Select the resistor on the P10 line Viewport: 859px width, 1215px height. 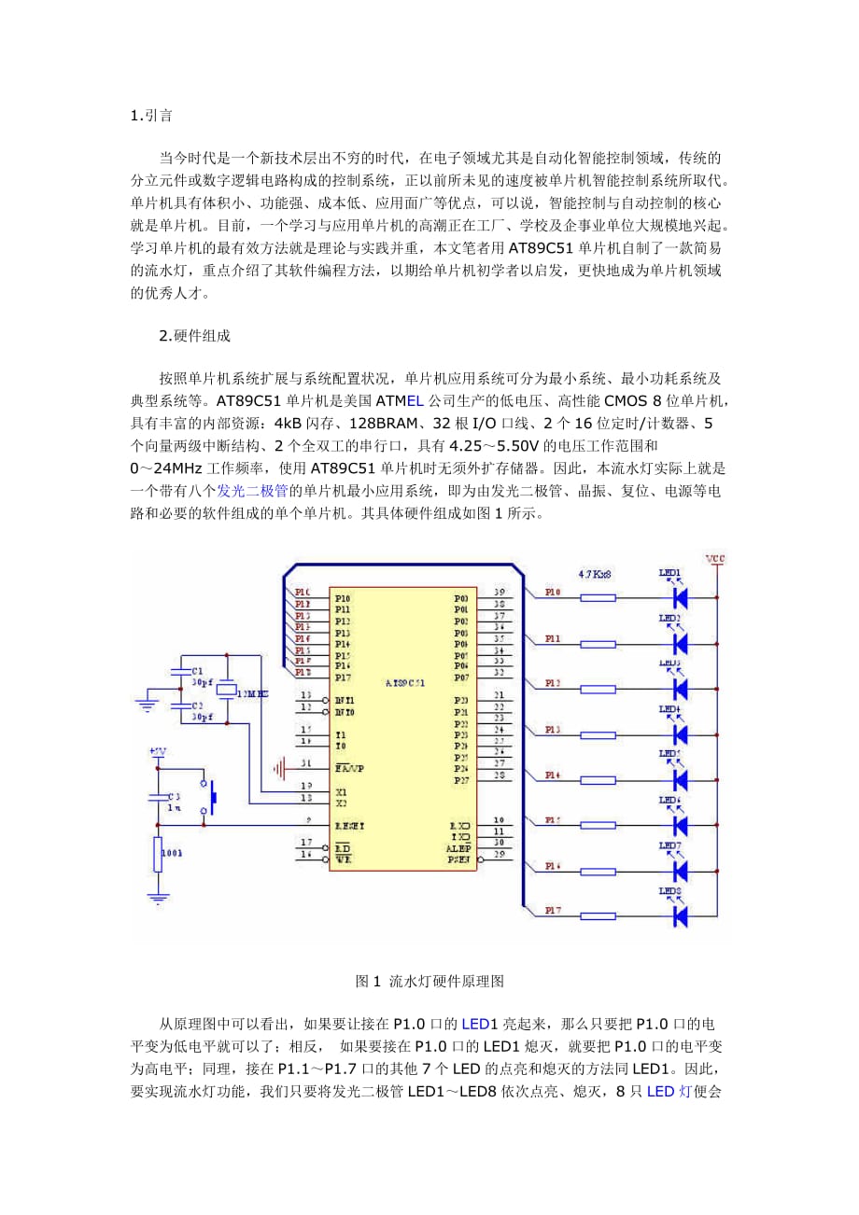coord(598,597)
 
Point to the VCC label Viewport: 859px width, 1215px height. coord(715,559)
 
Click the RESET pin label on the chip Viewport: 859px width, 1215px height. coord(350,825)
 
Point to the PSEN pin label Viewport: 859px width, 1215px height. coord(458,859)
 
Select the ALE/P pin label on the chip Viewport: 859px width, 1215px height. coord(458,847)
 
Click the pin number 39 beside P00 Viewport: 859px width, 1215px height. coord(500,593)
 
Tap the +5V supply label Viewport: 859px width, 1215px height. coord(158,750)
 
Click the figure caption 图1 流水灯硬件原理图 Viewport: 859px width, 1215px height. coord(429,982)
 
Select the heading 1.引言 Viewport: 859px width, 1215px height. coord(150,116)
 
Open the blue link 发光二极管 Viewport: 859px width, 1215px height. coord(253,490)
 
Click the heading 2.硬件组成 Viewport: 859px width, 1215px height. coord(194,335)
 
